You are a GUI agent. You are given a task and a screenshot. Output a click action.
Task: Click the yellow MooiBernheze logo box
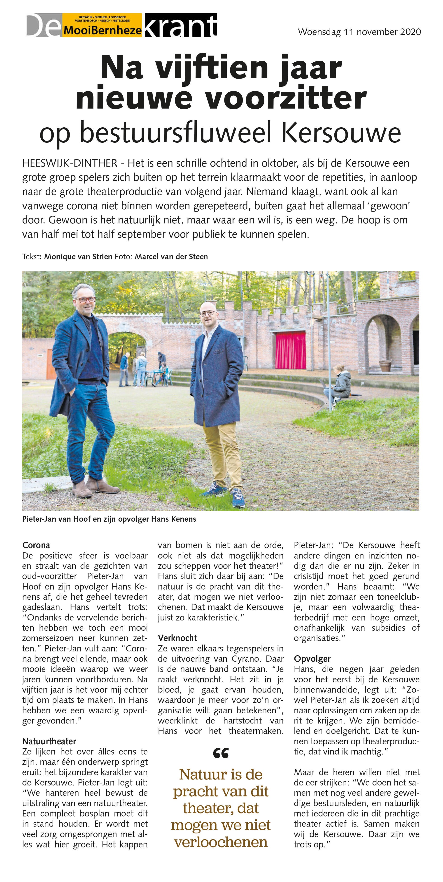[x=102, y=25]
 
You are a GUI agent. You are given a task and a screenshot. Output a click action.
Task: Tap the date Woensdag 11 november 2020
[x=359, y=32]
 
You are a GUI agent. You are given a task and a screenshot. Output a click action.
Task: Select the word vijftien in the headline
[x=212, y=68]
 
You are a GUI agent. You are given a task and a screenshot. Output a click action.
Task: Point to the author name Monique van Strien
[x=78, y=257]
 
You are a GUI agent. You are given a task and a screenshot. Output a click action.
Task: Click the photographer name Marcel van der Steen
[x=171, y=257]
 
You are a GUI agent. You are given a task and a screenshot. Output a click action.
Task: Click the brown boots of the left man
[x=94, y=487]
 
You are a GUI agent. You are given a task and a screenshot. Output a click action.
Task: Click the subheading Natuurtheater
[x=49, y=741]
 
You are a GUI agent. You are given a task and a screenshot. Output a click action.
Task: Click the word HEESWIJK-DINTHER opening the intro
[x=70, y=163]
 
